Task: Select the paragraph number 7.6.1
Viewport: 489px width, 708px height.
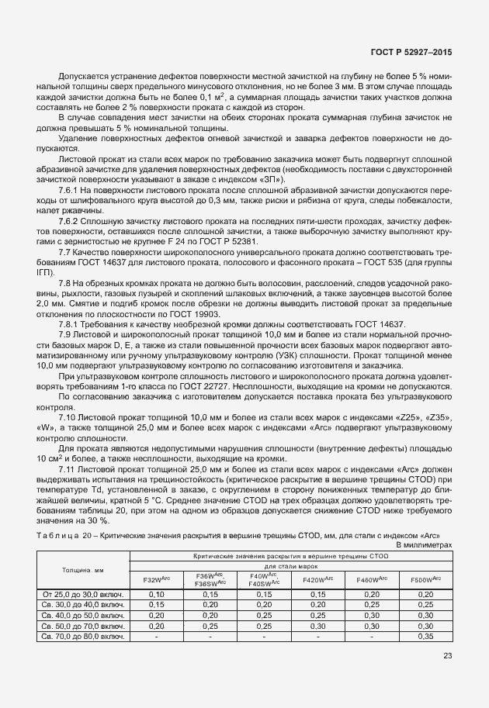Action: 70,190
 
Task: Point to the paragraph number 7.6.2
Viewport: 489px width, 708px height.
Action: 70,222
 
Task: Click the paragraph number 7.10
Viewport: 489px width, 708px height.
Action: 68,416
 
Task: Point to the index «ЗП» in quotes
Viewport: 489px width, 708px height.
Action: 272,180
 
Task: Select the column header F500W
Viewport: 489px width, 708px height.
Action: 425,579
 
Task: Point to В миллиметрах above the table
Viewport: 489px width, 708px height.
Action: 424,545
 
